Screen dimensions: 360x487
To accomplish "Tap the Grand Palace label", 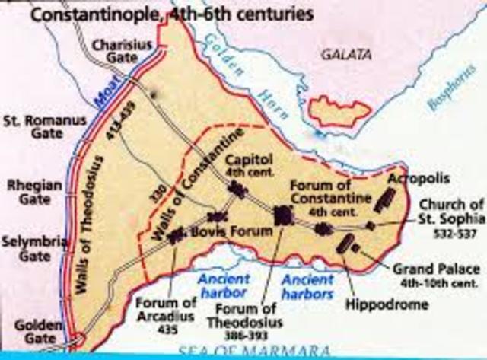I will pyautogui.click(x=436, y=273).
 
